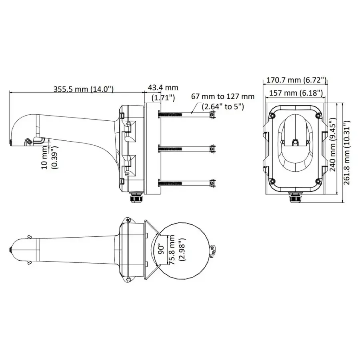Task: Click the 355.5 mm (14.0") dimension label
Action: pos(84,89)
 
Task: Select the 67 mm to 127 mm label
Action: pos(222,96)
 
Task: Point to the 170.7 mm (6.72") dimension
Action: pos(296,80)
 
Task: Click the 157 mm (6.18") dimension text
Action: pos(294,93)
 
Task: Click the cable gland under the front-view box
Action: pos(296,198)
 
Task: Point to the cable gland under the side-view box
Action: pos(135,198)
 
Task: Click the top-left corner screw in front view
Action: pos(272,116)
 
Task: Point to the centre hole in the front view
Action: pos(296,142)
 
